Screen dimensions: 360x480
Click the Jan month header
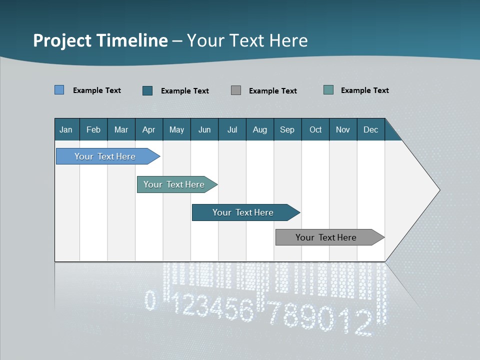pyautogui.click(x=66, y=129)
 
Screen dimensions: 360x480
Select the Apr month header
pyautogui.click(x=149, y=129)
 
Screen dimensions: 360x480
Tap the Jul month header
pyautogui.click(x=232, y=129)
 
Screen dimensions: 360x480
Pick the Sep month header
pyautogui.click(x=287, y=129)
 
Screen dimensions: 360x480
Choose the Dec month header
pyautogui.click(x=370, y=129)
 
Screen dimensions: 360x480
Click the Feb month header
pyautogui.click(x=93, y=129)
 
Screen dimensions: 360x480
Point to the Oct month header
pyautogui.click(x=315, y=129)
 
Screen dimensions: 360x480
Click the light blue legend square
pyautogui.click(x=59, y=90)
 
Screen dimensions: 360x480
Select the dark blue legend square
pyautogui.click(x=147, y=90)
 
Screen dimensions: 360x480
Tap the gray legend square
pyautogui.click(x=236, y=90)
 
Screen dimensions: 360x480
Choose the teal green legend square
pyautogui.click(x=328, y=90)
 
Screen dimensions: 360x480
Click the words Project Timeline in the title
pyautogui.click(x=100, y=40)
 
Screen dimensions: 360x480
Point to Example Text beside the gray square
pyautogui.click(x=272, y=90)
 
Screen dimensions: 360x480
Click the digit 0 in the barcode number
pyautogui.click(x=150, y=300)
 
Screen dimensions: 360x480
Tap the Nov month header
pyautogui.click(x=342, y=129)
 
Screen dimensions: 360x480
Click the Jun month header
pyautogui.click(x=204, y=129)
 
